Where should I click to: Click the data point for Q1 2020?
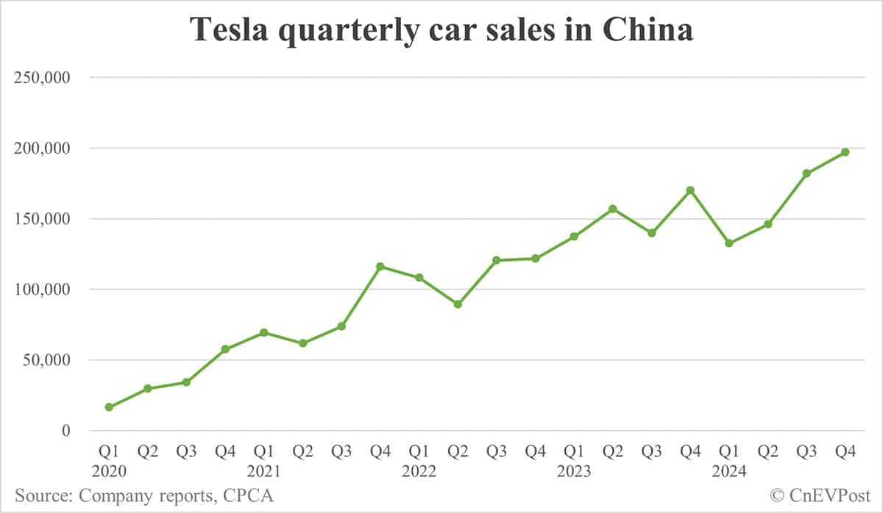pos(109,407)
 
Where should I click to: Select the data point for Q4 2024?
pos(845,152)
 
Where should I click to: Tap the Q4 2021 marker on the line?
pos(380,267)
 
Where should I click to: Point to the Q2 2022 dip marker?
pos(458,304)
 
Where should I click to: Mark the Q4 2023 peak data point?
pos(689,190)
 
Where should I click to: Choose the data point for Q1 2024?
pos(728,243)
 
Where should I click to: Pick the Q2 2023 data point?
pos(612,209)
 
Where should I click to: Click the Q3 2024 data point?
pos(806,173)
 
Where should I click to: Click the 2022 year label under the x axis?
pos(419,471)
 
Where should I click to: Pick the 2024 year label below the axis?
pos(728,471)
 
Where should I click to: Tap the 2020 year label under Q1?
pos(110,471)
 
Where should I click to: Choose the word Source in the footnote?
pos(39,495)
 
